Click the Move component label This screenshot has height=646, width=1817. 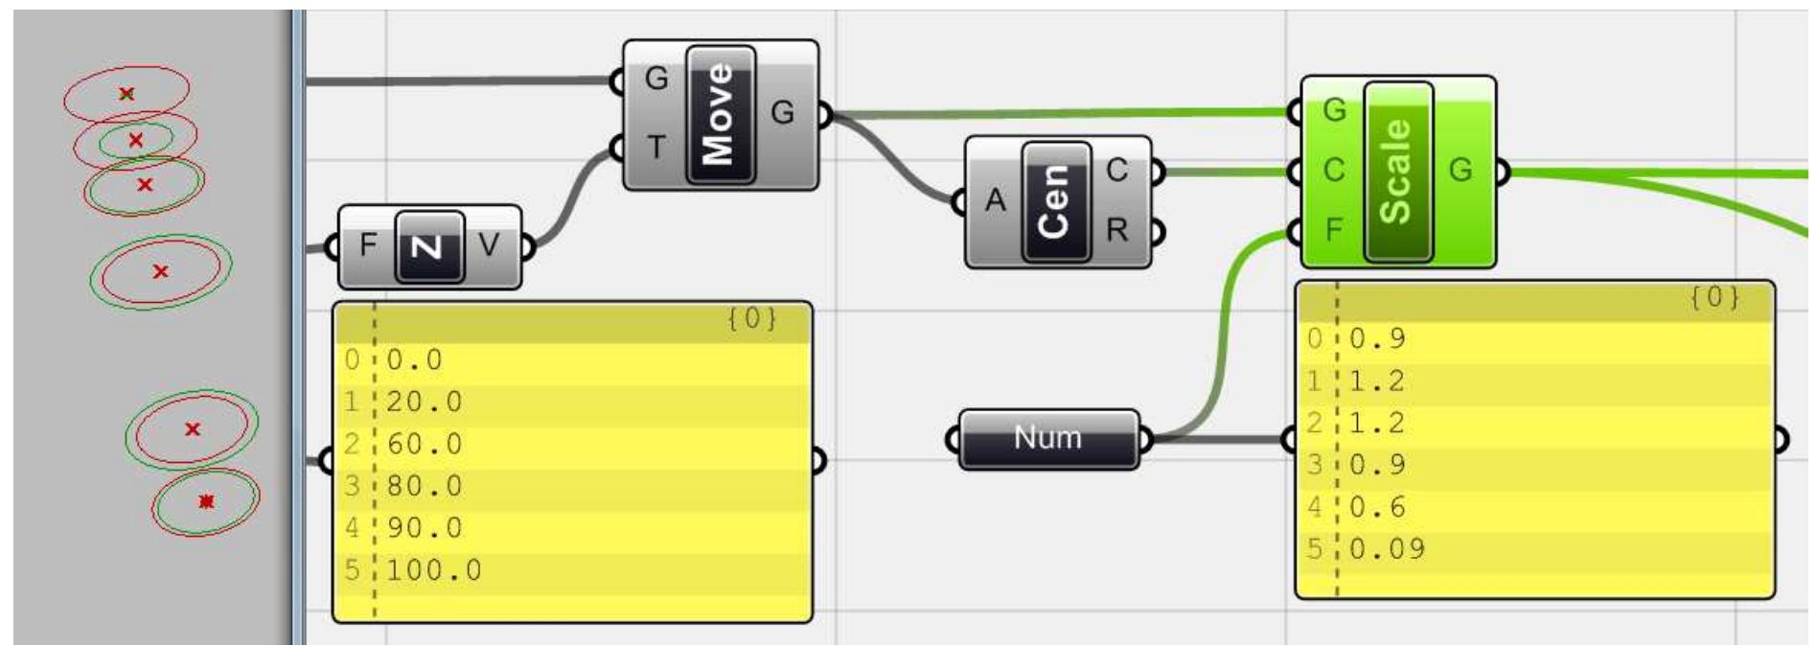click(x=720, y=113)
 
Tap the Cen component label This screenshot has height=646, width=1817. click(x=1055, y=201)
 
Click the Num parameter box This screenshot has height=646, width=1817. click(x=1048, y=438)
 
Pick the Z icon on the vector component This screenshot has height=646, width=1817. click(x=428, y=246)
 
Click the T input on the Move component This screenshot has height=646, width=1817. click(x=655, y=148)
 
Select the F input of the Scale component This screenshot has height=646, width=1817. click(x=1333, y=230)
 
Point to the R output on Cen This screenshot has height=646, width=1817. click(x=1117, y=231)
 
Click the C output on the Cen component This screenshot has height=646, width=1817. click(x=1117, y=171)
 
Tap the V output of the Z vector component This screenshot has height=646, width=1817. click(x=489, y=245)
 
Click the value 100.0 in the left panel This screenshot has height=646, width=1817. click(x=434, y=570)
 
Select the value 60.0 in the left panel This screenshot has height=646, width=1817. click(x=425, y=444)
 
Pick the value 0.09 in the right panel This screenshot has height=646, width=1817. click(x=1387, y=549)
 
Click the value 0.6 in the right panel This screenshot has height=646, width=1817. click(x=1377, y=507)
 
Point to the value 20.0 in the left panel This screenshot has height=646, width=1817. click(x=425, y=402)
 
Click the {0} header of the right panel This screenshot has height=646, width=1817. click(x=1713, y=297)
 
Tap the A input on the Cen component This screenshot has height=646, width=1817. click(x=996, y=200)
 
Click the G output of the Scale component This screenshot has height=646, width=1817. click(x=1460, y=171)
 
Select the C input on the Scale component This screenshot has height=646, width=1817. click(x=1333, y=171)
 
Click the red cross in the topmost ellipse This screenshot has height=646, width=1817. click(x=126, y=94)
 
